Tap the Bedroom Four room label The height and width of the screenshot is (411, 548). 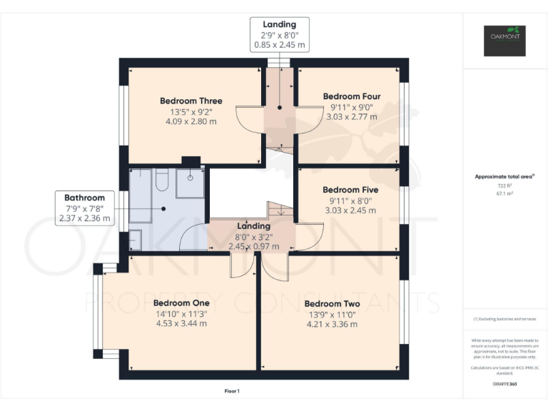click(351, 96)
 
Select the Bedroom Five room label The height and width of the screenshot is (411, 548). click(350, 190)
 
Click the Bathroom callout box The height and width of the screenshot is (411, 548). click(84, 208)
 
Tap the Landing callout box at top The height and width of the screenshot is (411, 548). click(279, 34)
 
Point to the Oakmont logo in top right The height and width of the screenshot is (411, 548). click(504, 40)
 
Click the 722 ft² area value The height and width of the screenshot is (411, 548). click(504, 186)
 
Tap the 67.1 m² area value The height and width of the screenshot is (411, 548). click(504, 193)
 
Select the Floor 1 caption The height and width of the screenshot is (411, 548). click(232, 391)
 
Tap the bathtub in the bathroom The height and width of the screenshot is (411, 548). click(161, 184)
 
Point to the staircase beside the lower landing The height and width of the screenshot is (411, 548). click(280, 210)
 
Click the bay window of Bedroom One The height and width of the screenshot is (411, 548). click(97, 311)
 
